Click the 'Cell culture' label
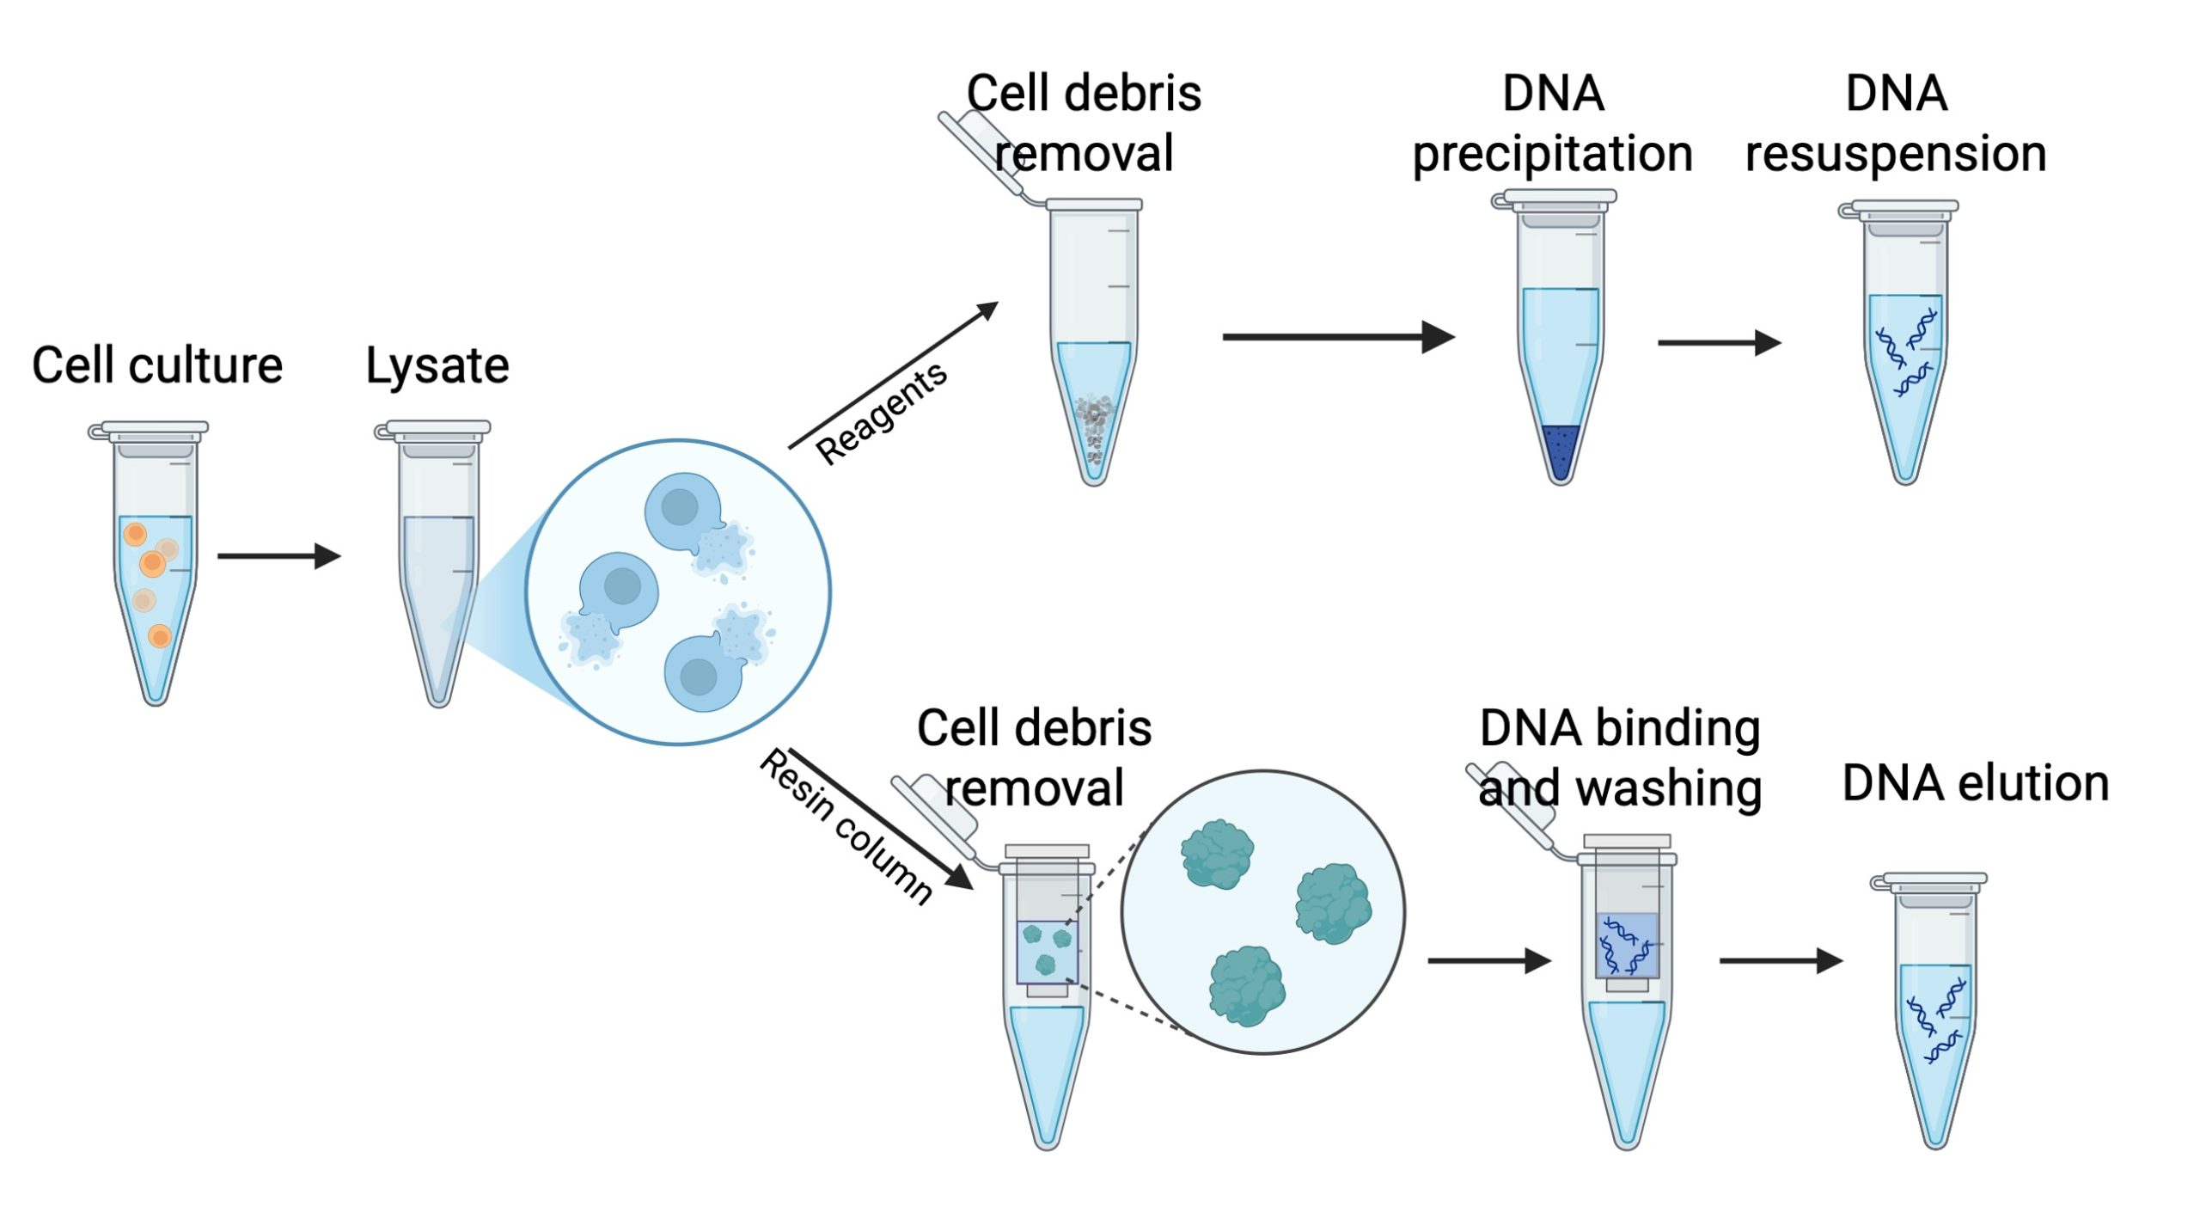tap(157, 365)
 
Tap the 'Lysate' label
tap(437, 367)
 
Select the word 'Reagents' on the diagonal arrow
tap(881, 413)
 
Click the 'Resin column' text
tap(846, 826)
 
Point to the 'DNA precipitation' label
tap(1553, 125)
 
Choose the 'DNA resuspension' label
tap(1896, 125)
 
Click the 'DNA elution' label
tap(1976, 783)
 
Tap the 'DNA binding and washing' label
tap(1620, 758)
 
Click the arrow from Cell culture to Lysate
tap(279, 556)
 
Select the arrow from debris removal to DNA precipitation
tap(1339, 337)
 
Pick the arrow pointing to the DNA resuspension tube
tap(1720, 342)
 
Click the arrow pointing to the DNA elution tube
tap(1781, 960)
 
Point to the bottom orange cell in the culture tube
tap(160, 636)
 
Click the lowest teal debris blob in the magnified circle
tap(1247, 986)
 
